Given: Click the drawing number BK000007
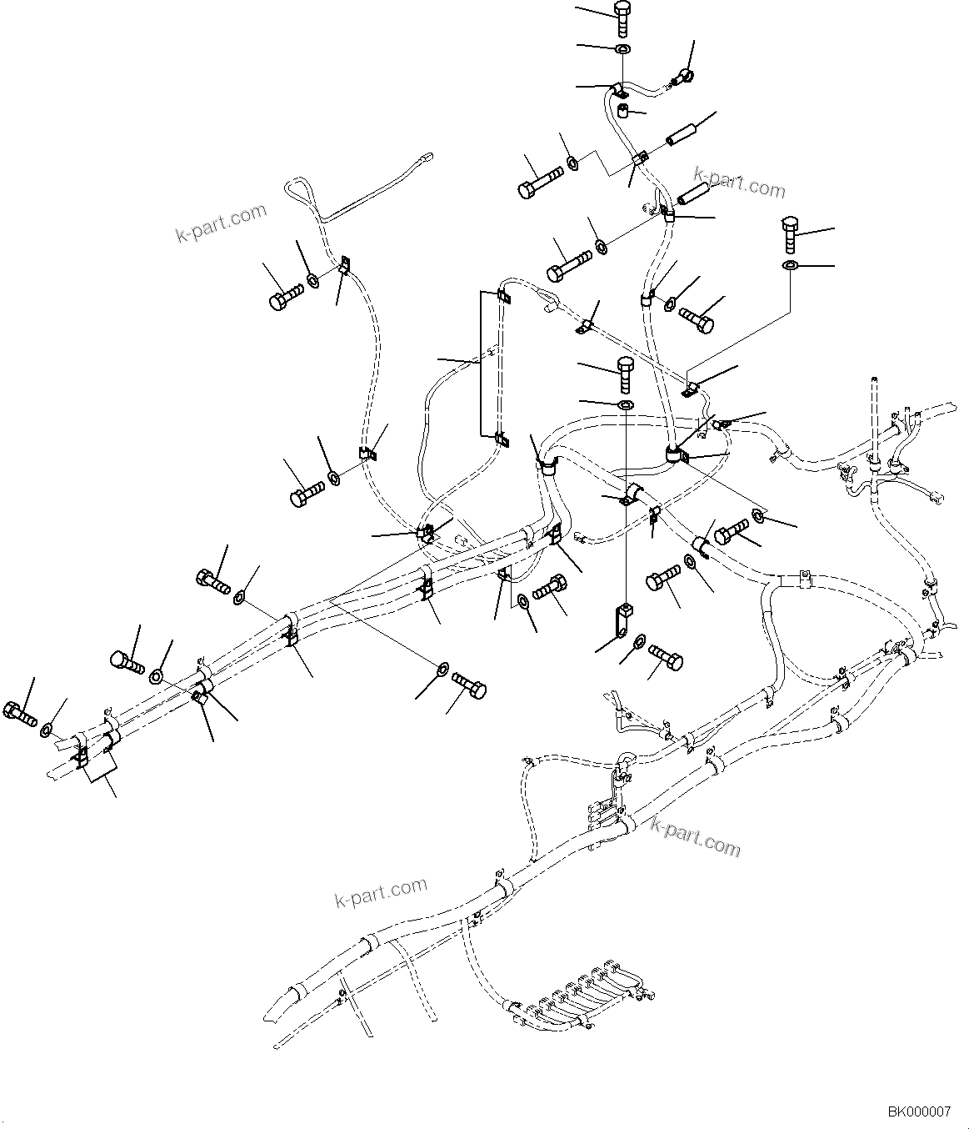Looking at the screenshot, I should click(918, 1111).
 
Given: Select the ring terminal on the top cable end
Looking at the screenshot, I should click(681, 78).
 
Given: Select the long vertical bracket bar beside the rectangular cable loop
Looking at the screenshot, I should click(481, 363).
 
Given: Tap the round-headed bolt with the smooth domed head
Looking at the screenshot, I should click(126, 661).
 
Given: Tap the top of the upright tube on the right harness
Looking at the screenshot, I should click(874, 383).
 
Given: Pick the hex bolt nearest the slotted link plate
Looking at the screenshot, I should click(666, 657).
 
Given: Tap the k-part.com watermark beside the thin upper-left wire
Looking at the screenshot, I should click(221, 222).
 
